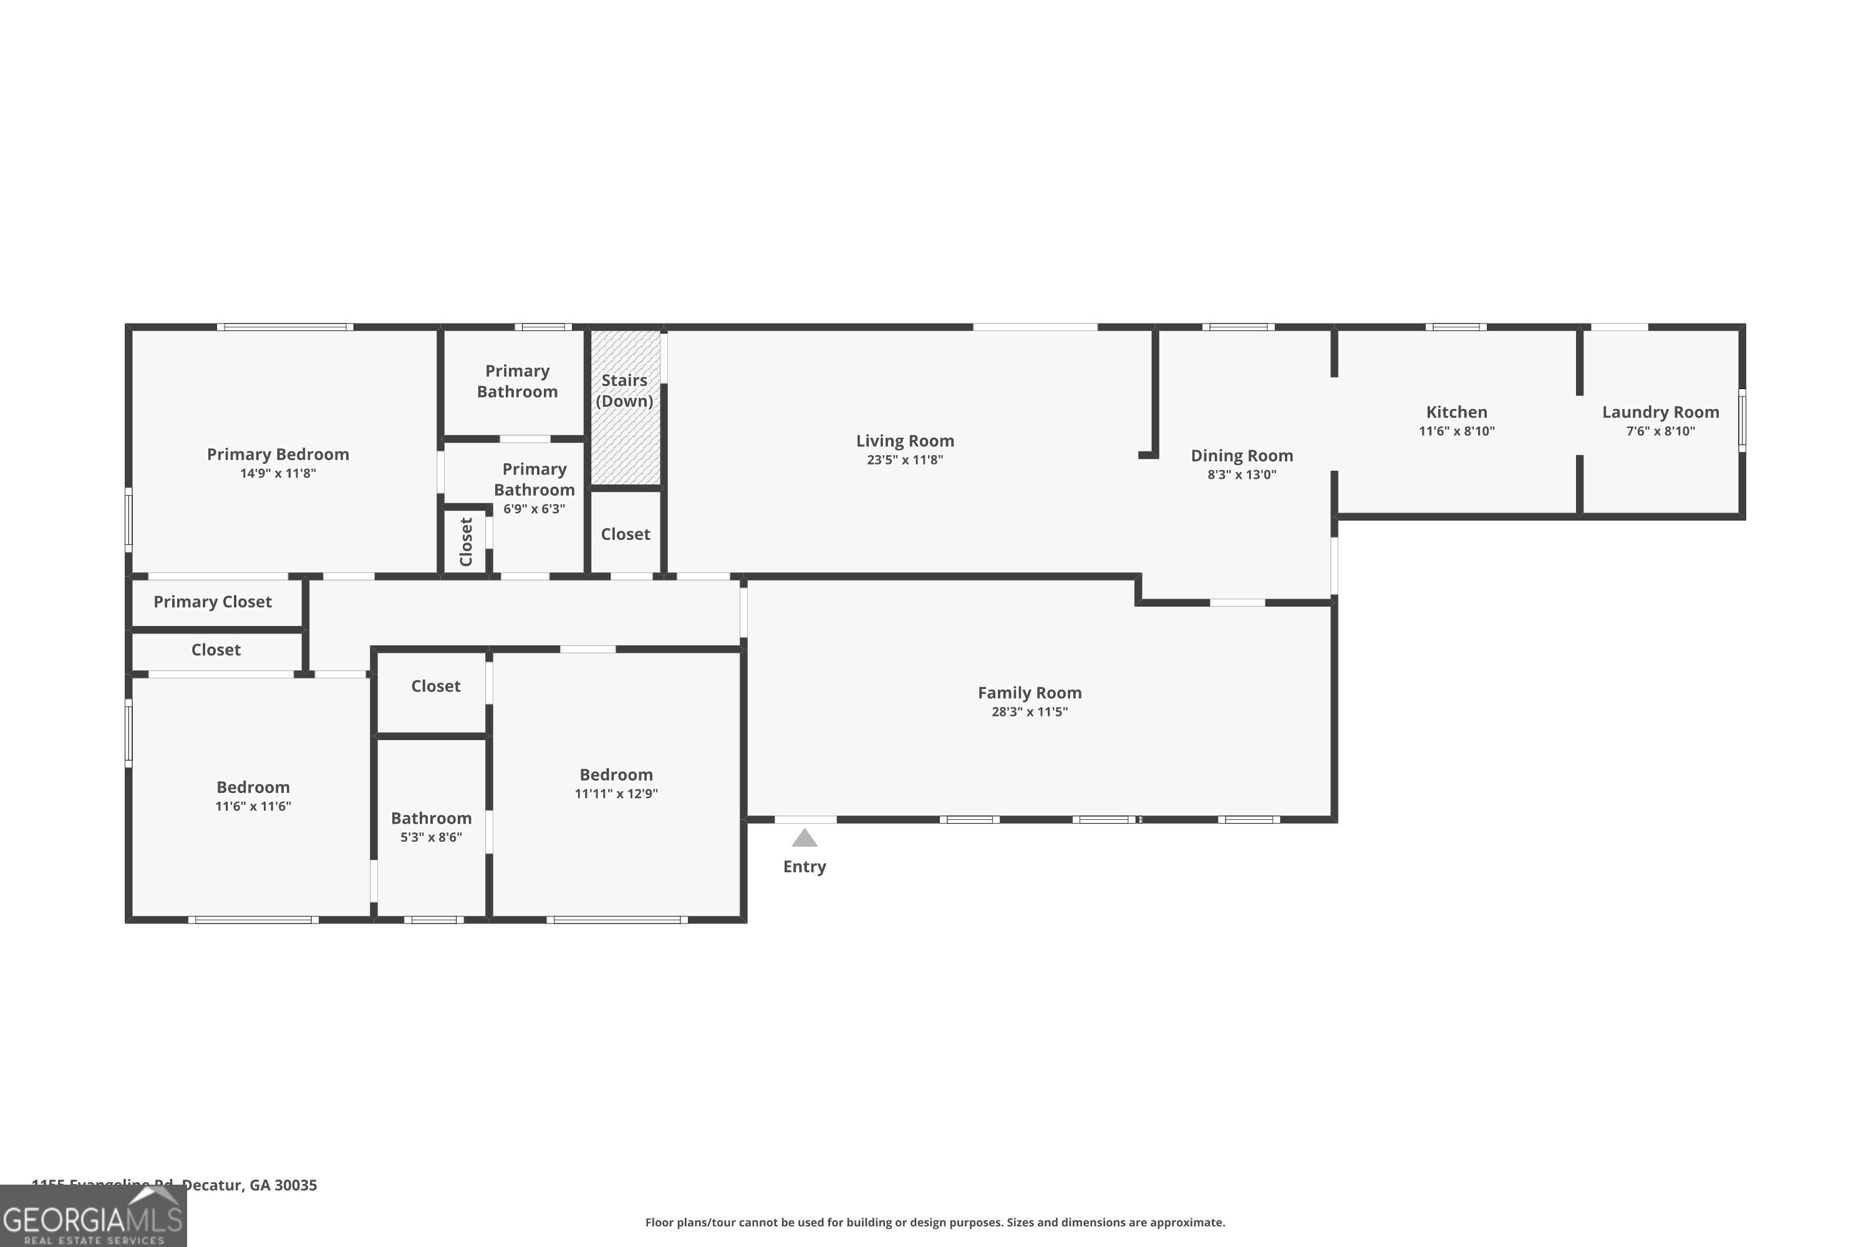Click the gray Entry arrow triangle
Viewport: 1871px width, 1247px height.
[805, 838]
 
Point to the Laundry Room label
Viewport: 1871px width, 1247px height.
[1660, 412]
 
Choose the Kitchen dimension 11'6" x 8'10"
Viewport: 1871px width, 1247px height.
[1456, 431]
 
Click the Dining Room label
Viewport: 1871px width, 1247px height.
[1241, 456]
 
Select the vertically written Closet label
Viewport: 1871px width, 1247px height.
[466, 542]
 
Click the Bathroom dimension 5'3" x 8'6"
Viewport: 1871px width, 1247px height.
[430, 837]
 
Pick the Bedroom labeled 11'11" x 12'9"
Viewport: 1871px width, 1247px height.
[616, 774]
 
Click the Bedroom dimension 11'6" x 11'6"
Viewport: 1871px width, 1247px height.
[253, 806]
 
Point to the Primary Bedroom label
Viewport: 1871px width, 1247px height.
[278, 454]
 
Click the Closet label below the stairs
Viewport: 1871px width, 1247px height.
[626, 534]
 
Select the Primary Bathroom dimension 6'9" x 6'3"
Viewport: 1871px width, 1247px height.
[534, 509]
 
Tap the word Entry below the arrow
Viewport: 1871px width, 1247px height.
[805, 867]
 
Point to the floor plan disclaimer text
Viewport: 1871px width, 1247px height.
[935, 1222]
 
